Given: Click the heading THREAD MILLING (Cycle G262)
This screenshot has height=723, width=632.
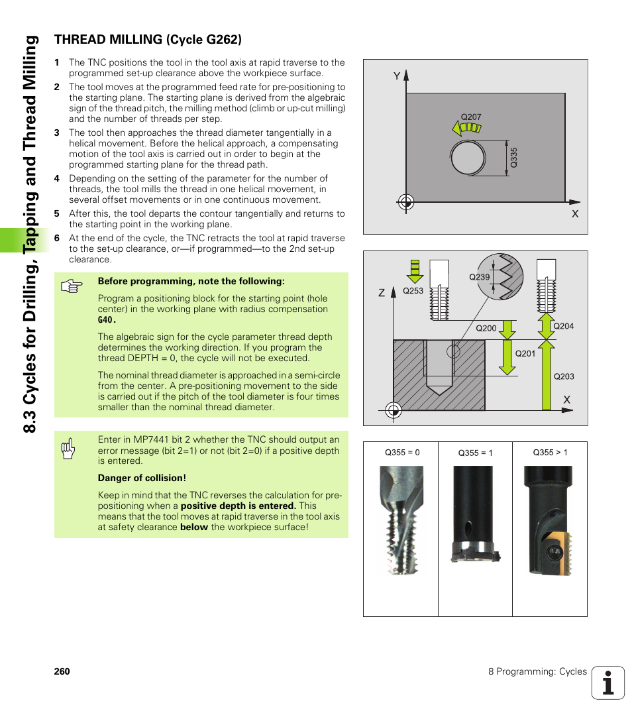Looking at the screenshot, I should click(147, 40).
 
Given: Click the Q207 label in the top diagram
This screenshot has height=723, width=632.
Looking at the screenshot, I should click(470, 117).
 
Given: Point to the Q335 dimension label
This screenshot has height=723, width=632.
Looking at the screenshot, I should click(513, 157).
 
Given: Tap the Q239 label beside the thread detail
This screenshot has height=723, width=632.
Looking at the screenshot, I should click(479, 278).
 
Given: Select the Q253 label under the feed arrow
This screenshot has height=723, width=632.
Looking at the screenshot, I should click(413, 291).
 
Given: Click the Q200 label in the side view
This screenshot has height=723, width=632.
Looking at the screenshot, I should click(486, 328).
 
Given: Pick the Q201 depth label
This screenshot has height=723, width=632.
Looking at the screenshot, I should click(525, 353).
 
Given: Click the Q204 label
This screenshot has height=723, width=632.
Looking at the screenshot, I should click(563, 326).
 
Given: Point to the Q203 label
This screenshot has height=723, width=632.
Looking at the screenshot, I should click(564, 376).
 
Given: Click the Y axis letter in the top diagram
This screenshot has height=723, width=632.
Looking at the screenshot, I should click(397, 76).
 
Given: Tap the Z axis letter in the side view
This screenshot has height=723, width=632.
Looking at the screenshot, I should click(382, 292).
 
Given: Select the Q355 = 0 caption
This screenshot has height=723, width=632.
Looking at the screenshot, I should click(402, 453).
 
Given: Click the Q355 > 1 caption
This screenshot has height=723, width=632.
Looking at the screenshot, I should click(550, 453).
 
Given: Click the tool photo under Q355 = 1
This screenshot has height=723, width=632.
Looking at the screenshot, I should click(474, 514).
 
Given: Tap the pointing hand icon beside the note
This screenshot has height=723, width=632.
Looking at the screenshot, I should click(70, 287).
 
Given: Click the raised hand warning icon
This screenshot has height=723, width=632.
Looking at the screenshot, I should click(68, 449).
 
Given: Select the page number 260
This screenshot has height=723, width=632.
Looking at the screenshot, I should click(62, 671).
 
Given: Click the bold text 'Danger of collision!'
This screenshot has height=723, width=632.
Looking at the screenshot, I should click(142, 478).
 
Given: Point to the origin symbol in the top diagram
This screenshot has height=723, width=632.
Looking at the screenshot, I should click(406, 201).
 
